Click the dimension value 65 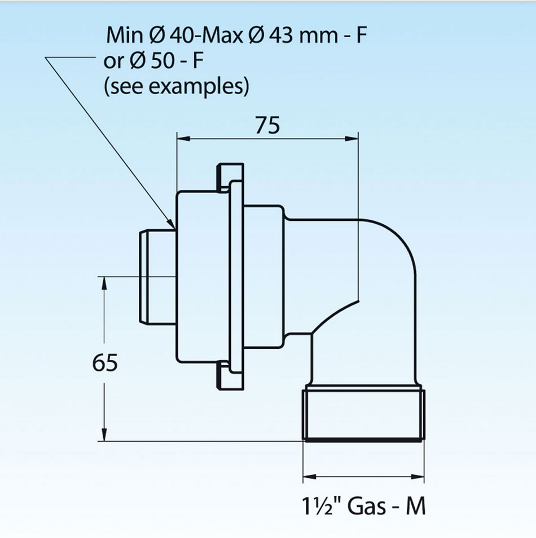(105, 362)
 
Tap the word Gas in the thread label (366, 506)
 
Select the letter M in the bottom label (415, 506)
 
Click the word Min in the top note (124, 35)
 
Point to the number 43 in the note (281, 35)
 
